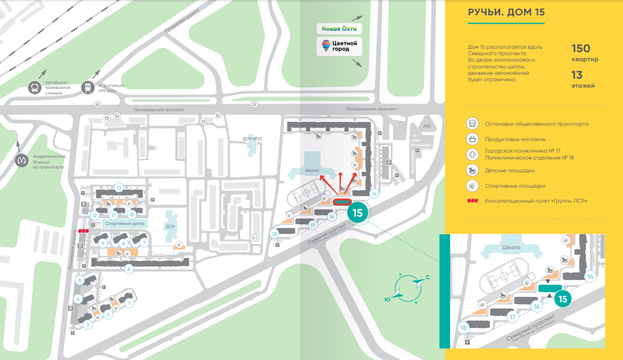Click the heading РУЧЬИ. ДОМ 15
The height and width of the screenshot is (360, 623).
pos(506,12)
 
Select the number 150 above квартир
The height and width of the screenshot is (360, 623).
pos(581,49)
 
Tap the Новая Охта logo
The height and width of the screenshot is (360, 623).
pos(339,29)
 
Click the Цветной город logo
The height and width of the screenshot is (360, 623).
pos(339,46)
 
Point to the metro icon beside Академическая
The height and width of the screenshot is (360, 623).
pos(22,161)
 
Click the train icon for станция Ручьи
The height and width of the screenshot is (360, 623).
pos(88,88)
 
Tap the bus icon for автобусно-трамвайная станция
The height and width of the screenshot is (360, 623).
pos(35,88)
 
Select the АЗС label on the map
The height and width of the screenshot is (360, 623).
pos(427,126)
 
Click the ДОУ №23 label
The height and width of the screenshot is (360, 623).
pos(252,139)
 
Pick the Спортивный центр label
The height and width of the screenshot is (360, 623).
pos(125,224)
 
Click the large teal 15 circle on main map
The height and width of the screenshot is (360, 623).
pos(357,213)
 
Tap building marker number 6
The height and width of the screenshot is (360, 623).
pos(129,269)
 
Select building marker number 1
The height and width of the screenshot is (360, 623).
pos(129,303)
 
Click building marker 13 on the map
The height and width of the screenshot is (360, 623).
pos(119,187)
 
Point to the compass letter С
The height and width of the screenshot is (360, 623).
pos(427,277)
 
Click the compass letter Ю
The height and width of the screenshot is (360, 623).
pos(388,300)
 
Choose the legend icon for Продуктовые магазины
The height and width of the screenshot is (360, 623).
pos(472,139)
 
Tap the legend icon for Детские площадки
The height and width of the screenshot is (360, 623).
pos(472,170)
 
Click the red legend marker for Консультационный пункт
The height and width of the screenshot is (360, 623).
pos(472,201)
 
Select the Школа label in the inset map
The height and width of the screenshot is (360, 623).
pos(511,248)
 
